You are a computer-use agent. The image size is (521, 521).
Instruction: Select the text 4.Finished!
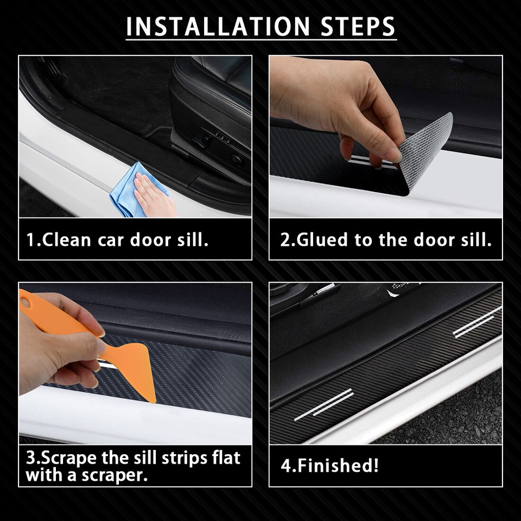point(329,466)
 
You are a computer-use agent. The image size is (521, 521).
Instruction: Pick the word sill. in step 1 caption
point(193,240)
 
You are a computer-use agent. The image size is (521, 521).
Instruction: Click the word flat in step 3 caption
point(224,458)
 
